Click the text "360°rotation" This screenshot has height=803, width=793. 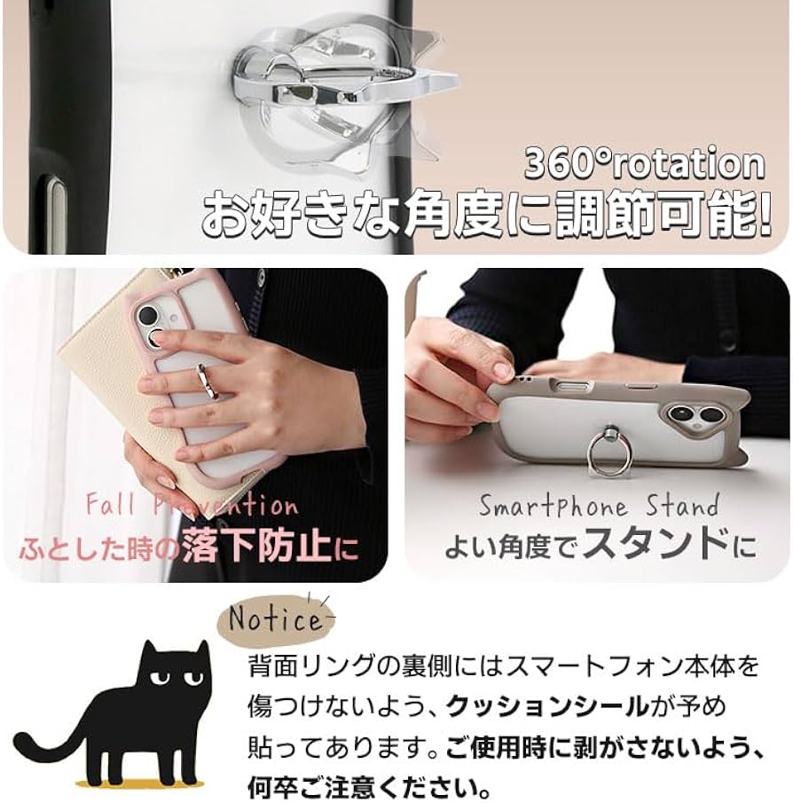coord(643,165)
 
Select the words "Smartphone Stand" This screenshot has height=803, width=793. coord(599,507)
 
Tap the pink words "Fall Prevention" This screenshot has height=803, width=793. coord(192,507)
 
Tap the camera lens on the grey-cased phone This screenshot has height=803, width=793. coord(683,413)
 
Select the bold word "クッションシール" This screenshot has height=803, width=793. coord(547,706)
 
